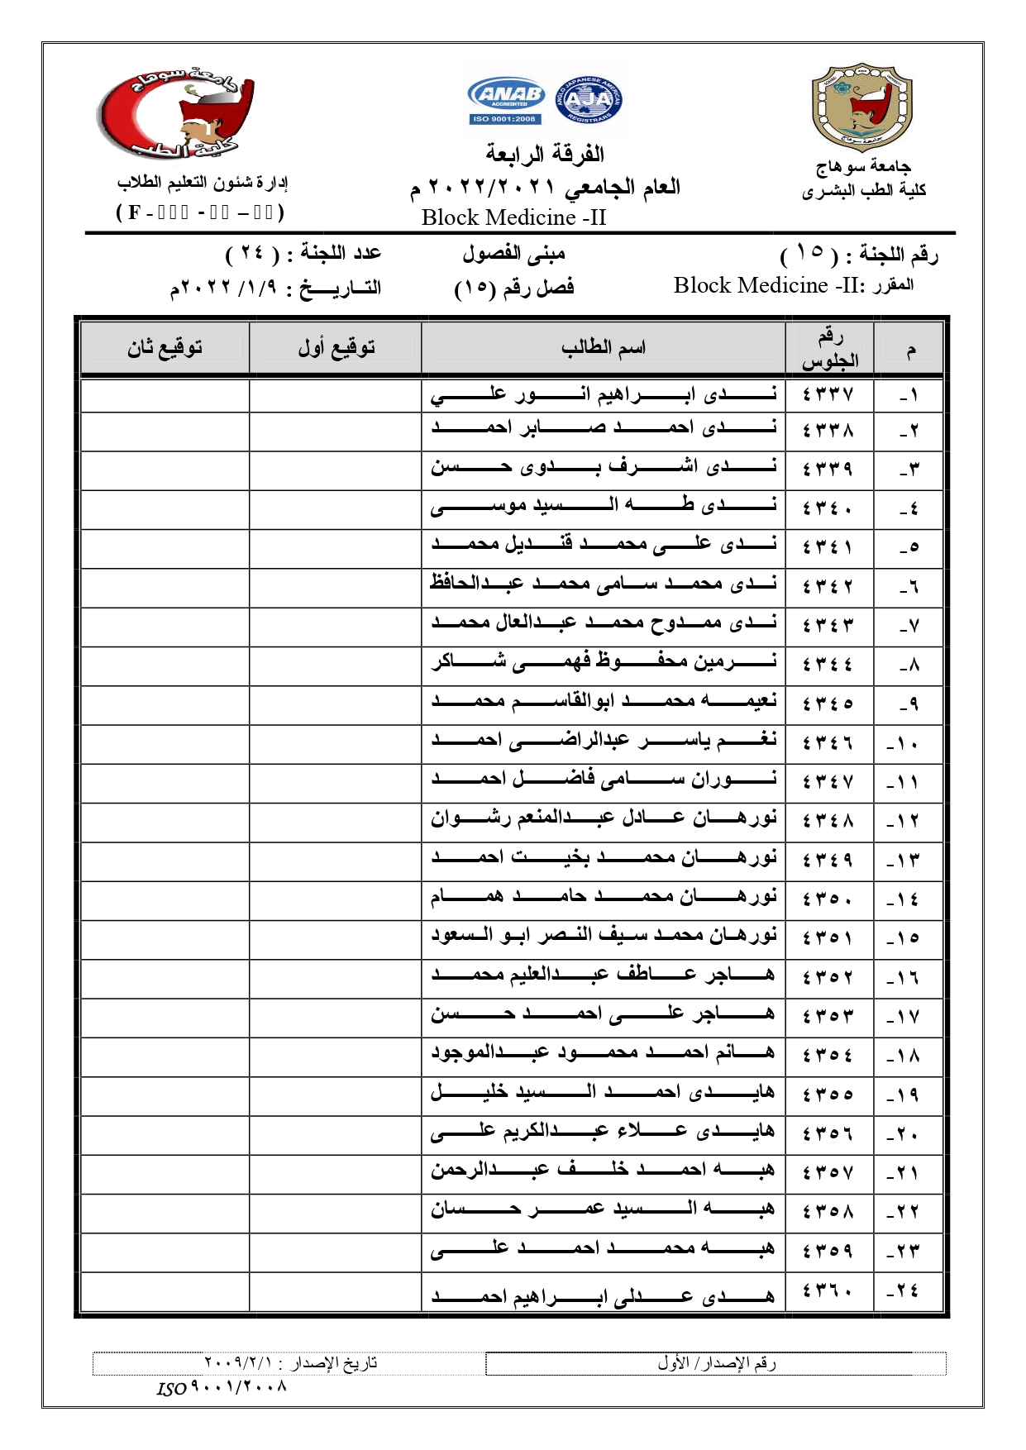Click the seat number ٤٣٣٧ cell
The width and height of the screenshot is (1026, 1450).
828,394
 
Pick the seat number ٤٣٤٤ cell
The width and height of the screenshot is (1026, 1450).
828,665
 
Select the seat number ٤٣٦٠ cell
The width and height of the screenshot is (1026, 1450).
828,1290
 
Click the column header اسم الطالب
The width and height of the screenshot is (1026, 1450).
603,348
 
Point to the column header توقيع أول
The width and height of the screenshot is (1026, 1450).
336,348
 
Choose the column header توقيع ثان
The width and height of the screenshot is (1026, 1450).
165,348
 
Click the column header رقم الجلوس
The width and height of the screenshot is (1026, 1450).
829,348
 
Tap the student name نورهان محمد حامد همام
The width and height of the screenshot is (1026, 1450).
603,898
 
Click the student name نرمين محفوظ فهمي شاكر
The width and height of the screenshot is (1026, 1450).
603,663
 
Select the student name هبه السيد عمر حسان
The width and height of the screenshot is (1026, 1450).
603,1210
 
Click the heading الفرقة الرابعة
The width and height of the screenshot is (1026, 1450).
545,155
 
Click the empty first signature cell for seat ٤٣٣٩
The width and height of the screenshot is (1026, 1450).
336,470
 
